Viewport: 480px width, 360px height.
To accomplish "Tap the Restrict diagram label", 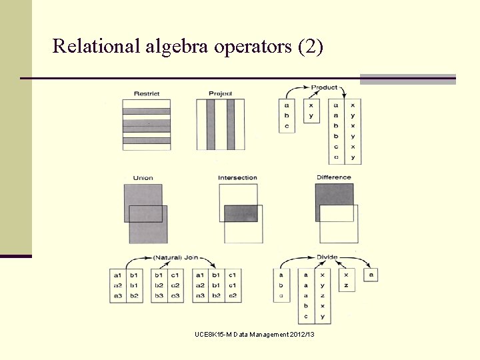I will point(146,93).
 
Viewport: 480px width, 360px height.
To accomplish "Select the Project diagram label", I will point(220,93).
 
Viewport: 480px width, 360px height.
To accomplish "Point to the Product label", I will point(324,87).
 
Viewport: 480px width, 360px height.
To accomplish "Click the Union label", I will point(143,178).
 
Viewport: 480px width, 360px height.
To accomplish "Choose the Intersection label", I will point(237,177).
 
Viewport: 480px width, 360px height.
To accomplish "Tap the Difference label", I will point(333,177).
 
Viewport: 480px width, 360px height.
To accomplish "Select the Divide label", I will point(328,257).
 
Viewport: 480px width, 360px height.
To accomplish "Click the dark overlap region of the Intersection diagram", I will point(240,213).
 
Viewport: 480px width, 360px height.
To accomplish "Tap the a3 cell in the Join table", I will point(117,295).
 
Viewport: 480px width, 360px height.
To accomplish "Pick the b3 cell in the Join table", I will point(159,295).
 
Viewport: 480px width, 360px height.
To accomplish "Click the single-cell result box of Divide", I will point(371,275).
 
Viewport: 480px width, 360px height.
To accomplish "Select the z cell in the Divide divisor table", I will point(347,285).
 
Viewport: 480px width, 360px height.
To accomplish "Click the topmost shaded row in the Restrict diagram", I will point(146,111).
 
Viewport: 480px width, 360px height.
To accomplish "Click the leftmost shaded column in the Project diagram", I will point(210,124).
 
